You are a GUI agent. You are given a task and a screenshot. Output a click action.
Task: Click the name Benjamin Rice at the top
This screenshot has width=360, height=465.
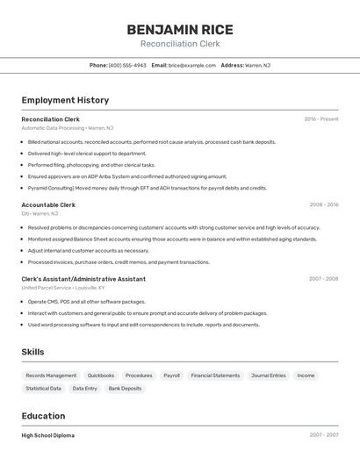click(x=180, y=29)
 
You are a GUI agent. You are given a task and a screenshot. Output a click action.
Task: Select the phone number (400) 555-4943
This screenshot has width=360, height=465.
click(x=127, y=65)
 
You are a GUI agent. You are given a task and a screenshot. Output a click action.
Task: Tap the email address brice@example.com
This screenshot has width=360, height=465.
click(x=192, y=65)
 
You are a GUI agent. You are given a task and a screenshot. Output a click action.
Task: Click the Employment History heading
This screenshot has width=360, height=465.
click(x=65, y=100)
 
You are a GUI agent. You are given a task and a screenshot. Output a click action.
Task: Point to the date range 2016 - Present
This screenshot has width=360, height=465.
click(x=321, y=118)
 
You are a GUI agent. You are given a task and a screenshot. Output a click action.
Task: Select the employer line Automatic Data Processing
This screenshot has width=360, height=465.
click(x=67, y=128)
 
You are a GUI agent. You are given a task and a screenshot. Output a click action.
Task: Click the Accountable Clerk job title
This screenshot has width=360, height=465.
click(x=48, y=204)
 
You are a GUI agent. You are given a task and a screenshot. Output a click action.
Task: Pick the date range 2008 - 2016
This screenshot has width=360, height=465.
click(x=324, y=204)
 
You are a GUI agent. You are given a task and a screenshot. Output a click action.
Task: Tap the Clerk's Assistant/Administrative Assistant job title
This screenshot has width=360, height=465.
click(x=83, y=279)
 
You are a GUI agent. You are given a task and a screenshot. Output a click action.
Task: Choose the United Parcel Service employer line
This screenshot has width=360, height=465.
click(x=62, y=288)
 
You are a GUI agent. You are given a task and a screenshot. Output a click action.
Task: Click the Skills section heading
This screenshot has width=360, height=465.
click(x=33, y=352)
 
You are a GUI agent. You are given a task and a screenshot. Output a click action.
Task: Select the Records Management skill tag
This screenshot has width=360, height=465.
click(x=51, y=376)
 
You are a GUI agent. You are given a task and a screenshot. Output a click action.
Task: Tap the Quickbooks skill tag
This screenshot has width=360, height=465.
click(x=101, y=376)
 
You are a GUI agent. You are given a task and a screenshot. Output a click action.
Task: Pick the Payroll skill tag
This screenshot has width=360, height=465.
click(x=171, y=376)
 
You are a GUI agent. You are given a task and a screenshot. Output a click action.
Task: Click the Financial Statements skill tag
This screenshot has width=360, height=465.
click(x=215, y=376)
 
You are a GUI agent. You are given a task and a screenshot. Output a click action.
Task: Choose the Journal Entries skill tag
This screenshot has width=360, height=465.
click(x=269, y=376)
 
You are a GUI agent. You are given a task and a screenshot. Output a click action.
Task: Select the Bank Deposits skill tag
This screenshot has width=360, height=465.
click(x=125, y=388)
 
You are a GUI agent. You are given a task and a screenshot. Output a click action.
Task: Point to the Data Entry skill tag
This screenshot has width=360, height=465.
click(x=85, y=388)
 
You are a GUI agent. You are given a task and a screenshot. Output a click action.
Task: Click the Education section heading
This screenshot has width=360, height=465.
click(x=43, y=416)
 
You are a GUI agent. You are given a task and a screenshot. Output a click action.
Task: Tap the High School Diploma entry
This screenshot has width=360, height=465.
click(x=47, y=435)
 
